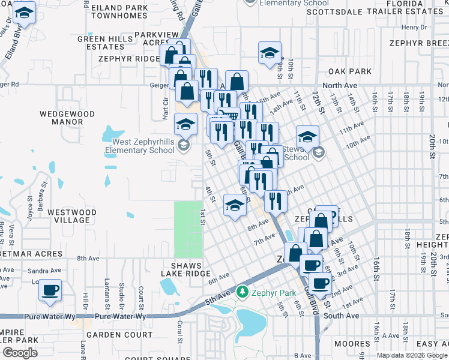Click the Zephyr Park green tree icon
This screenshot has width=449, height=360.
click(243, 292)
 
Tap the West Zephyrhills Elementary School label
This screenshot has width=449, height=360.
click(140, 146)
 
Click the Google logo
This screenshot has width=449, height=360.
click(20, 353)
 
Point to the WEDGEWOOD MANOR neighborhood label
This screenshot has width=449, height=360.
click(67, 118)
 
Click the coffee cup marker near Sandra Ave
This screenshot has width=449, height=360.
click(50, 292)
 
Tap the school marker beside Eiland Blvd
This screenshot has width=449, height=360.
click(24, 13)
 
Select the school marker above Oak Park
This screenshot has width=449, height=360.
click(270, 53)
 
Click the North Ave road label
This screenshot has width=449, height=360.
click(340, 86)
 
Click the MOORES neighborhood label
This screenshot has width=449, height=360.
click(352, 344)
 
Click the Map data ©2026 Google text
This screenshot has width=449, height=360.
click(412, 355)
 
